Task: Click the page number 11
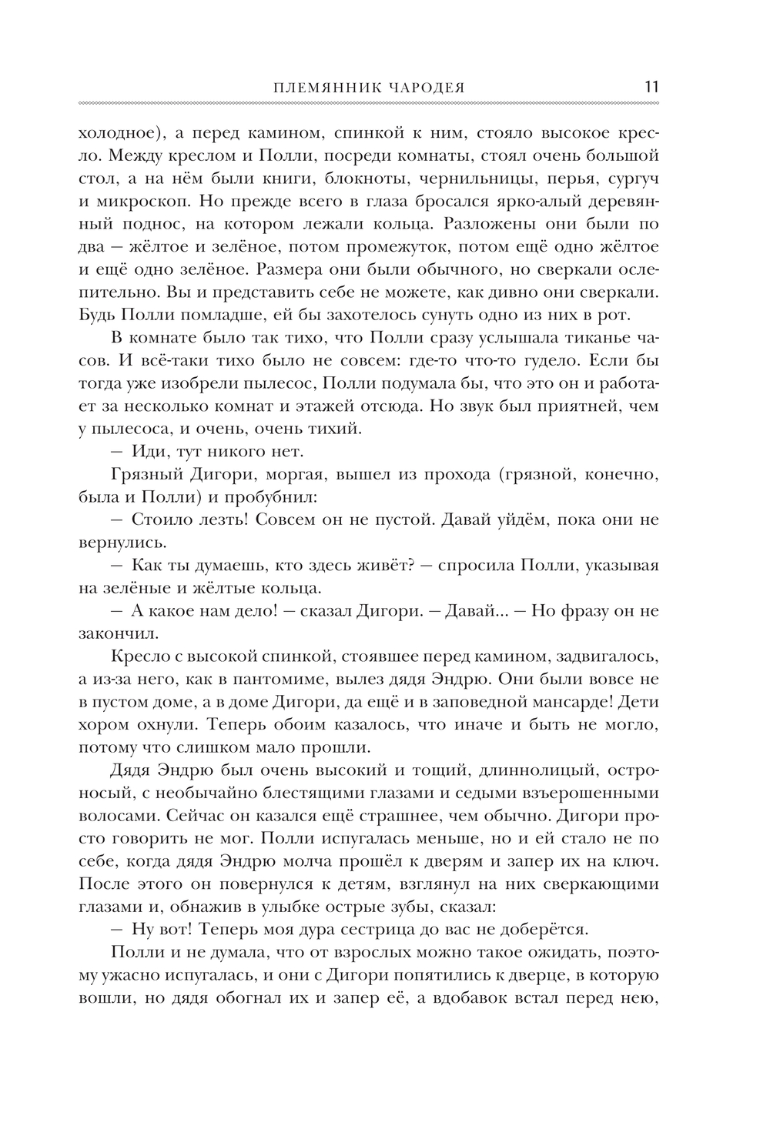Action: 651,85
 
